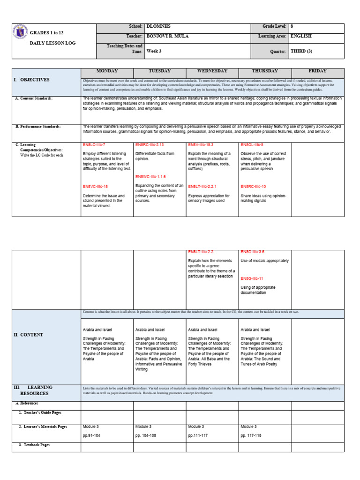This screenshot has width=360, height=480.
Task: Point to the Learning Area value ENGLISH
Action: click(x=301, y=36)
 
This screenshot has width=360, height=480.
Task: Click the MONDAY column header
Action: click(x=107, y=71)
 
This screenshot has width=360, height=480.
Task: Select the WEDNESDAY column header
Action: click(x=212, y=71)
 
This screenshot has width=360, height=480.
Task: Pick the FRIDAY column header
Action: click(x=317, y=71)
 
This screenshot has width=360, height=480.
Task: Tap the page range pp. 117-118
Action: click(x=251, y=435)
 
